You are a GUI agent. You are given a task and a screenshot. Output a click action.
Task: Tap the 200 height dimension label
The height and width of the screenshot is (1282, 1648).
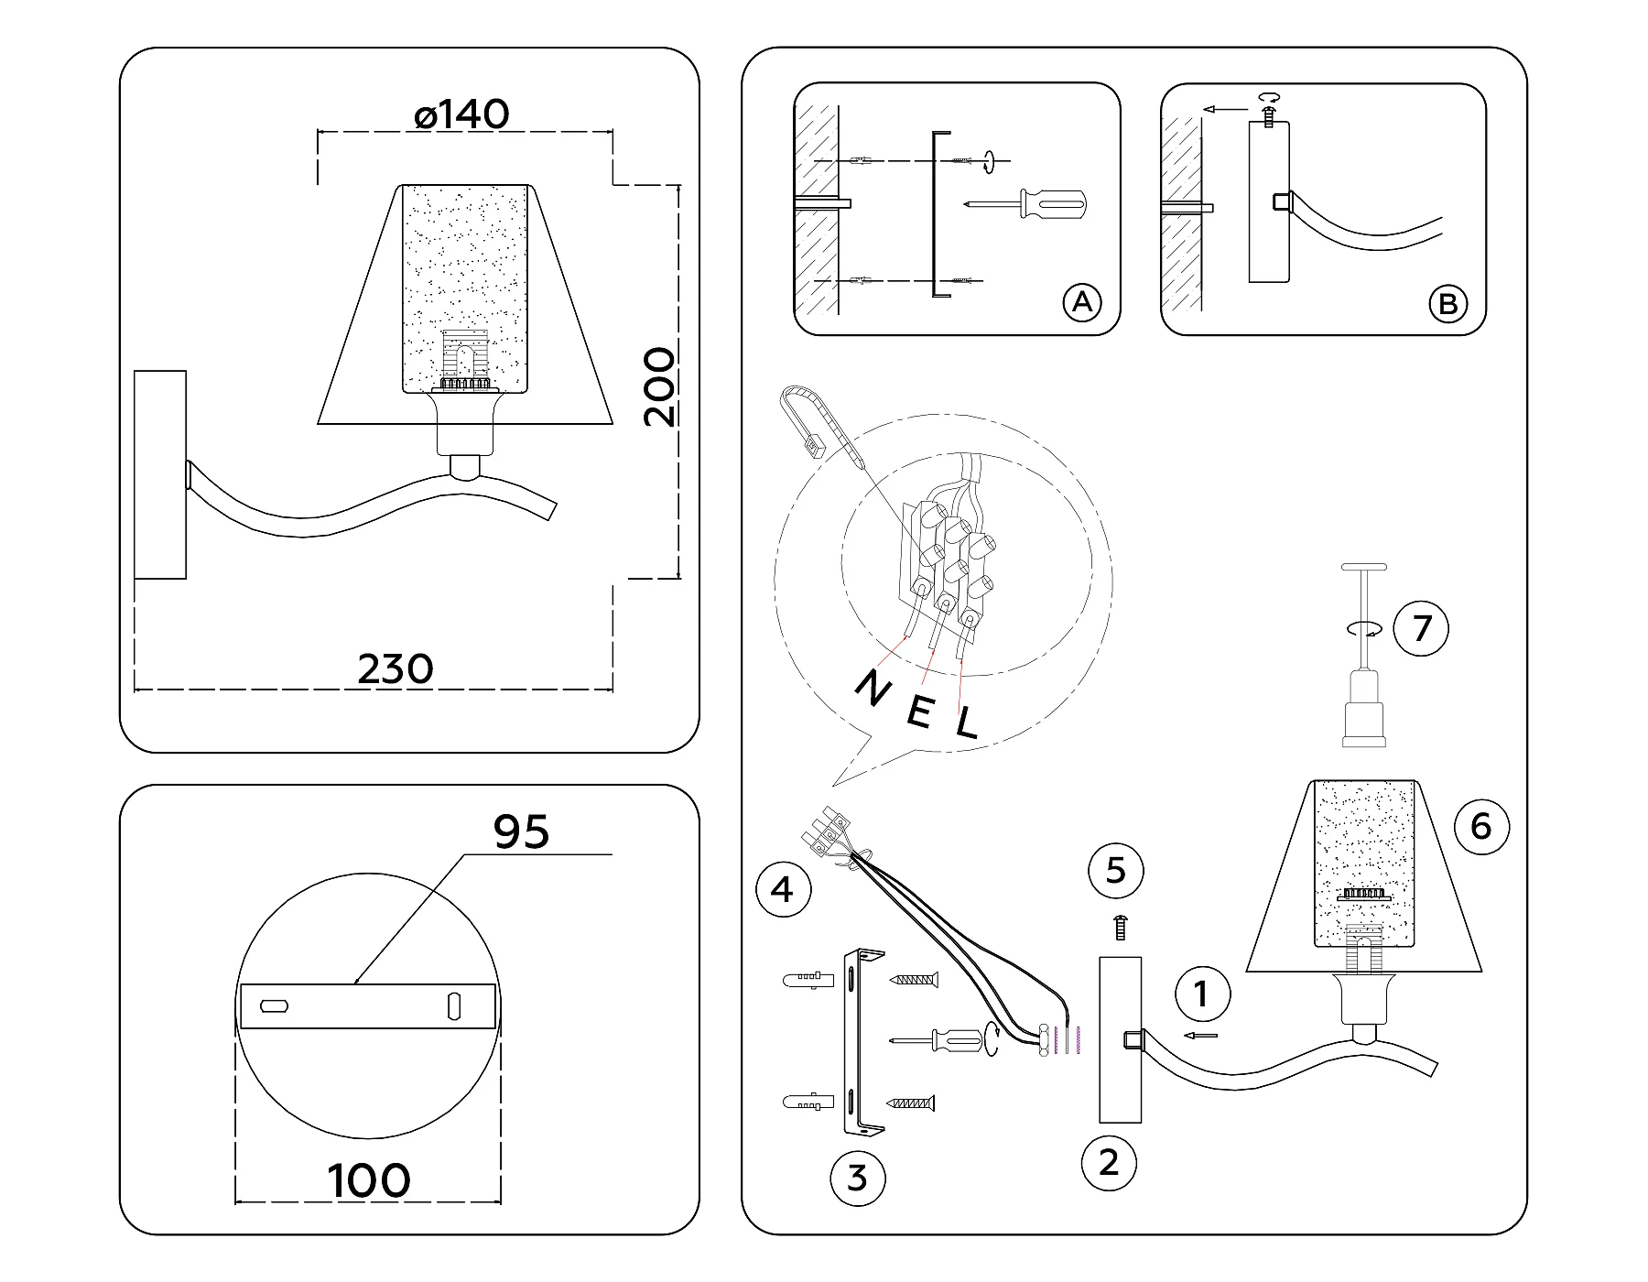pyautogui.click(x=659, y=386)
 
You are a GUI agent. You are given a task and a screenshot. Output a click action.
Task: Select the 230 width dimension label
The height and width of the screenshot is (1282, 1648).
pyautogui.click(x=395, y=669)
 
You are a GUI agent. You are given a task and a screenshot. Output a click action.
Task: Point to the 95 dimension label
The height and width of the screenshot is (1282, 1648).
pyautogui.click(x=521, y=831)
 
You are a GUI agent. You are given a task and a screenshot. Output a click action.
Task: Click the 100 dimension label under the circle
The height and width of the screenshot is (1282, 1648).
pyautogui.click(x=369, y=1180)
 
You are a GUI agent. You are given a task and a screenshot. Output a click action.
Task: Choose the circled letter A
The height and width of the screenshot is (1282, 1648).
pyautogui.click(x=1082, y=301)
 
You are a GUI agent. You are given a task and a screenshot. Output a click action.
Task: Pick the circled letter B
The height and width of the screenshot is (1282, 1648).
pyautogui.click(x=1447, y=303)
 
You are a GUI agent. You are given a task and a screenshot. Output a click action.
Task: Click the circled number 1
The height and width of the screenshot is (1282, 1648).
pyautogui.click(x=1202, y=994)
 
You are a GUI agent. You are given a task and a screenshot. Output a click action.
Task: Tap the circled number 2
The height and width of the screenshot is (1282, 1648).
pyautogui.click(x=1109, y=1163)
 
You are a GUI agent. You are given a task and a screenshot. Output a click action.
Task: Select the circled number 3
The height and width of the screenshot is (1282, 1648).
pyautogui.click(x=856, y=1178)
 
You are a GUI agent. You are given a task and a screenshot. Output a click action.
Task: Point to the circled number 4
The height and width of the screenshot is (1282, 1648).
pyautogui.click(x=783, y=889)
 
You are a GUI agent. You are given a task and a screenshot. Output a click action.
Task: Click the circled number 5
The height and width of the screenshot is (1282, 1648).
pyautogui.click(x=1115, y=870)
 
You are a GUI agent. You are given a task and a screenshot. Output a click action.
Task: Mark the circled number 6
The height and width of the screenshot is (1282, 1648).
pyautogui.click(x=1480, y=827)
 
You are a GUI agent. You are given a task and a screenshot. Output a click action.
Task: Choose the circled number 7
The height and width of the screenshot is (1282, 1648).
pyautogui.click(x=1421, y=629)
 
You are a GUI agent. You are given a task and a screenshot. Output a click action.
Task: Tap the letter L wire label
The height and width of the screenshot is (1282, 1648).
pyautogui.click(x=967, y=724)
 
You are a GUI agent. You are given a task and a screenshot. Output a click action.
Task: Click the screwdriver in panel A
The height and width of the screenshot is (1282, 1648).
pyautogui.click(x=1030, y=203)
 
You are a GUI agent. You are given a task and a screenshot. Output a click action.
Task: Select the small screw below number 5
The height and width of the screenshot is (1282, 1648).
pyautogui.click(x=1121, y=928)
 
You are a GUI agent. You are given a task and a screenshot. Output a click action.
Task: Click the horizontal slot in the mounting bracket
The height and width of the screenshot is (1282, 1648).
pyautogui.click(x=275, y=1005)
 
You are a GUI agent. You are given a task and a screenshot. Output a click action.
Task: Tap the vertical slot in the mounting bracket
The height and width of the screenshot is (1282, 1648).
pyautogui.click(x=454, y=1005)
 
